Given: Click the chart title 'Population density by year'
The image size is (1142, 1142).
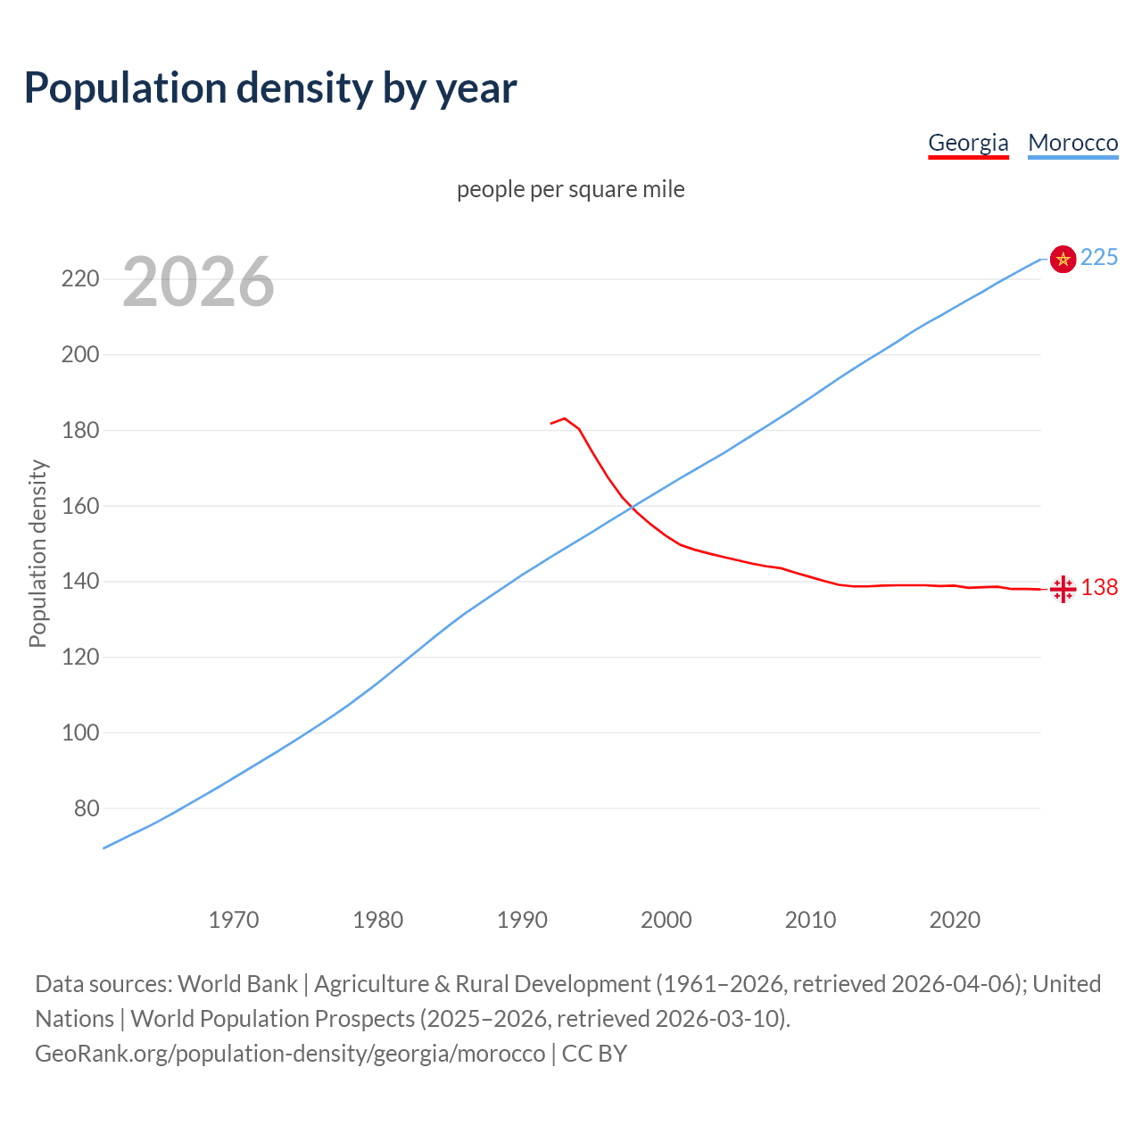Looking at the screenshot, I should click(270, 87).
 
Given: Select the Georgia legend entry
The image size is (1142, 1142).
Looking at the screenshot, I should click(968, 143).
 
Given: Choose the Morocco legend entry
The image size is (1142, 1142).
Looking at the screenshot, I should click(1072, 143).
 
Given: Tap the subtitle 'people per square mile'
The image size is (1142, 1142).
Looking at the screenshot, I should click(570, 189).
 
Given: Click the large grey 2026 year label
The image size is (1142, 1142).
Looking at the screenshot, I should click(198, 282).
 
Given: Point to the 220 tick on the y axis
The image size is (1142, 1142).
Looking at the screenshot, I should click(80, 279).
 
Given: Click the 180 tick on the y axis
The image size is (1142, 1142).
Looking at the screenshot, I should click(80, 430).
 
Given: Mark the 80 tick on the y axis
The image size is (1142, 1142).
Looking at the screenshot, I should click(86, 808).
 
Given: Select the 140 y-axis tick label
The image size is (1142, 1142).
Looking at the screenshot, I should click(80, 582).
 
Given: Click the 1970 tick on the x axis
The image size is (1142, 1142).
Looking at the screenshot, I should click(234, 919).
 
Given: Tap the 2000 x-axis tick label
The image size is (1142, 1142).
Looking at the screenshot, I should click(666, 919).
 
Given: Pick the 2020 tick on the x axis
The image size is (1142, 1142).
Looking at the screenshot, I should click(955, 919).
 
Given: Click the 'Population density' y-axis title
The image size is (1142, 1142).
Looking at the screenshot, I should click(37, 553).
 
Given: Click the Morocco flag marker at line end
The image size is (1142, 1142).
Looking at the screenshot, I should click(1063, 259).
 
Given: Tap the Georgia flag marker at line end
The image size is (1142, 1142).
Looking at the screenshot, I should click(1063, 589).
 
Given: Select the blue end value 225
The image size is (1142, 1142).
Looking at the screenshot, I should click(1099, 257).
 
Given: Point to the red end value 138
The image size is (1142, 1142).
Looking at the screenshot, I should click(1099, 587).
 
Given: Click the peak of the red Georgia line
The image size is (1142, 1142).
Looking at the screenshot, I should click(565, 418).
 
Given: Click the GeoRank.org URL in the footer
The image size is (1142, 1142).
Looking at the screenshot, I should click(290, 1053).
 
